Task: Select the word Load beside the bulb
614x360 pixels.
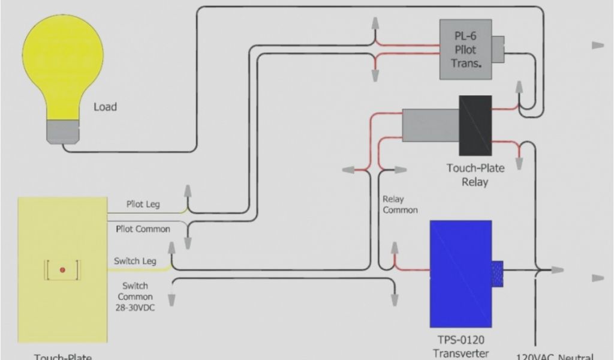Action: [105, 107]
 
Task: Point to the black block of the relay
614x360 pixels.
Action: [475, 125]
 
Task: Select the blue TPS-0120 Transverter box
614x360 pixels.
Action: [460, 274]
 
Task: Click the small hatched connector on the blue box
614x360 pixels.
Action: [497, 274]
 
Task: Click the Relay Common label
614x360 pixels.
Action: [400, 204]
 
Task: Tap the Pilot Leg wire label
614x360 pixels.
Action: [143, 205]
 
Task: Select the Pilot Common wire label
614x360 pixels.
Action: [143, 229]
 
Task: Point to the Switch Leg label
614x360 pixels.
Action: [136, 261]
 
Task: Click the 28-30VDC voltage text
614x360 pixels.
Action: [135, 307]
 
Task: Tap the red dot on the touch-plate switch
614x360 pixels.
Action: [62, 271]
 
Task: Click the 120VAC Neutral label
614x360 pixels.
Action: [555, 356]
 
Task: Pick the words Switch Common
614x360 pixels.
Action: [135, 291]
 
